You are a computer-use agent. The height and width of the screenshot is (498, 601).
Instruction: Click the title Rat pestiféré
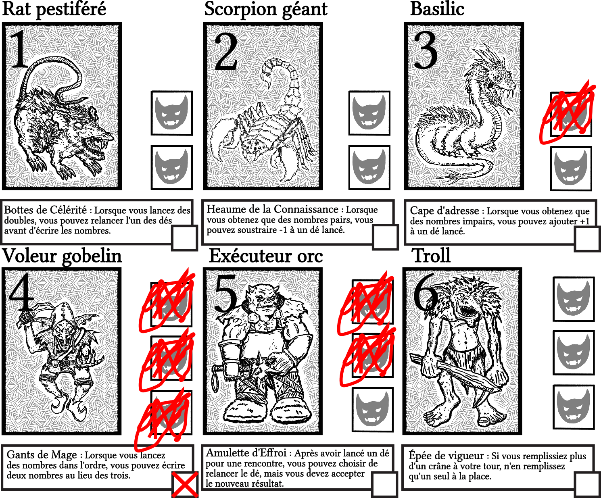[x=54, y=9]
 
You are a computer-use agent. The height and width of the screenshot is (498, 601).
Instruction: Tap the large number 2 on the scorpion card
[x=226, y=52]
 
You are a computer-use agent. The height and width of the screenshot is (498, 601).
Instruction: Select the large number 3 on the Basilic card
[x=426, y=50]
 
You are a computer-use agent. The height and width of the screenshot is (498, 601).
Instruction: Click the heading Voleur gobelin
[x=62, y=256]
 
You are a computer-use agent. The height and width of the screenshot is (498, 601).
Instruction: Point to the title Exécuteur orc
[x=266, y=256]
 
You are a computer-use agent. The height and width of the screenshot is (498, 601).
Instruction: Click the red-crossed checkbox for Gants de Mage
[x=184, y=484]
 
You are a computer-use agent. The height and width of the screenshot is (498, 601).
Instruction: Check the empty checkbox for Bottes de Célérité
[x=184, y=238]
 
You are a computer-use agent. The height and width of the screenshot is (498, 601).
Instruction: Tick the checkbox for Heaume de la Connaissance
[x=385, y=238]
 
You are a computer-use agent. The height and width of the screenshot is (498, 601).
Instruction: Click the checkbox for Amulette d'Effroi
[x=384, y=484]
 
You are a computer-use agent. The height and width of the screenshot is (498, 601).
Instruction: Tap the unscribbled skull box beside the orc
[x=373, y=410]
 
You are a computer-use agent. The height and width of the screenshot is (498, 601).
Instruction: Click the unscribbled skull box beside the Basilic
[x=571, y=169]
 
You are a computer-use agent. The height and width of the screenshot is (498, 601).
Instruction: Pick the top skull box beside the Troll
[x=574, y=299]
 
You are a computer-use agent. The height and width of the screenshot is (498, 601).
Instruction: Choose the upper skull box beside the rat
[x=172, y=113]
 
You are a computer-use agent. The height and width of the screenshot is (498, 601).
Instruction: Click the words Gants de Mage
[x=42, y=455]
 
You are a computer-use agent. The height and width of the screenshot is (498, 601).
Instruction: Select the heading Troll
[x=432, y=256]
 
